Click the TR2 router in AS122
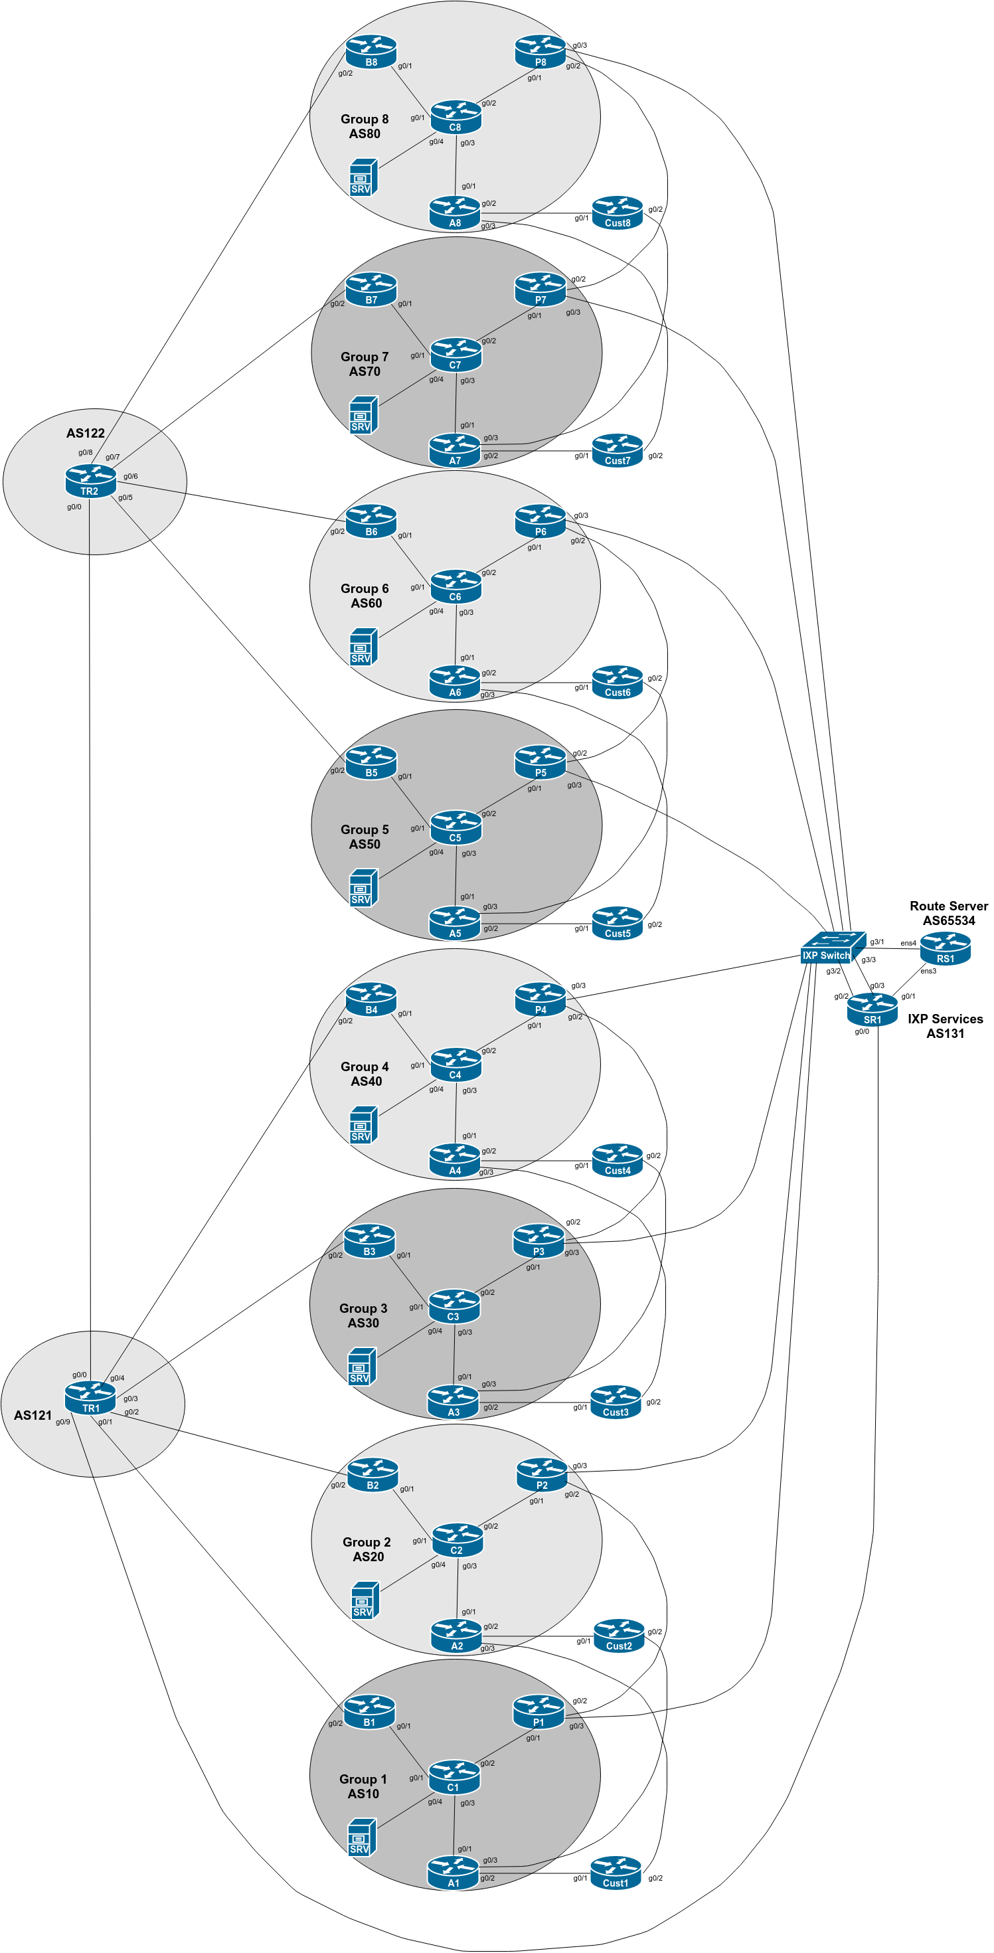click(x=90, y=481)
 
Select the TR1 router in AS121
click(x=90, y=1398)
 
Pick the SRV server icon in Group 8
click(x=363, y=177)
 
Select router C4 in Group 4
click(x=456, y=1064)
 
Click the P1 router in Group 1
click(x=538, y=1712)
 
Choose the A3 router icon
click(x=453, y=1402)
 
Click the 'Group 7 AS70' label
click(x=365, y=364)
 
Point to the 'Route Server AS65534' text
click(x=948, y=913)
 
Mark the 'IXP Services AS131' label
click(x=945, y=1026)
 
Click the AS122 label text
click(x=85, y=433)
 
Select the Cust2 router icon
click(x=619, y=1636)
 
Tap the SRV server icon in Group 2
click(x=365, y=1600)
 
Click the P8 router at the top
click(x=540, y=52)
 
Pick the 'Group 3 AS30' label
click(x=363, y=1316)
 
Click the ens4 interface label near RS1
click(x=908, y=943)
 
